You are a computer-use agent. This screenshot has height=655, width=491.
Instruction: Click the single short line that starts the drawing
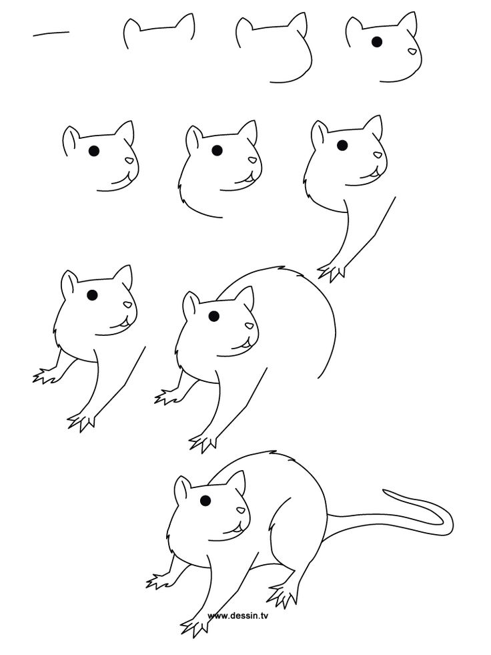pyautogui.click(x=51, y=32)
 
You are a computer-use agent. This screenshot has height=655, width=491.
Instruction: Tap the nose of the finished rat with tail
pyautogui.click(x=241, y=511)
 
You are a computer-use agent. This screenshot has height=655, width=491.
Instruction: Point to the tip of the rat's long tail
pyautogui.click(x=384, y=493)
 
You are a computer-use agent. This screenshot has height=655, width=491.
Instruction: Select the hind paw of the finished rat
pyautogui.click(x=284, y=592)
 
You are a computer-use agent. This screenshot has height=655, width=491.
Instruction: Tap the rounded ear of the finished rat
pyautogui.click(x=181, y=489)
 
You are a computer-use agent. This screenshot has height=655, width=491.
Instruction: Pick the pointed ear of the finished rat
pyautogui.click(x=237, y=481)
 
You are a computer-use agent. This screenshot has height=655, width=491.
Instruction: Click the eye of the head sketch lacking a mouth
pyautogui.click(x=377, y=41)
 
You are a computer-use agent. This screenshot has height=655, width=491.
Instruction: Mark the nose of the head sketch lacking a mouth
pyautogui.click(x=413, y=51)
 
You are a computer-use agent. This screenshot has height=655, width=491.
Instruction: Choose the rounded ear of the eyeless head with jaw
pyautogui.click(x=243, y=29)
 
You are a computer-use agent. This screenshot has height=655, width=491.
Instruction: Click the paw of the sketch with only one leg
pyautogui.click(x=331, y=270)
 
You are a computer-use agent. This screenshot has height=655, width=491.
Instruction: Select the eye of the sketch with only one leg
pyautogui.click(x=342, y=145)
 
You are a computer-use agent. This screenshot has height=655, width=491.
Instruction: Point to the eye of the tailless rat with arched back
pyautogui.click(x=213, y=315)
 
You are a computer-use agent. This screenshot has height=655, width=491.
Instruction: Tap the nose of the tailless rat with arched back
pyautogui.click(x=250, y=326)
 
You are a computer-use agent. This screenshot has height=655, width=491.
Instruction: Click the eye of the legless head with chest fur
pyautogui.click(x=217, y=150)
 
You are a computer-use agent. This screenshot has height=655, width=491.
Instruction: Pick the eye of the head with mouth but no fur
pyautogui.click(x=93, y=150)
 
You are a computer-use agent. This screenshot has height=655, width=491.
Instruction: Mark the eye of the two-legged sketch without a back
pyautogui.click(x=92, y=294)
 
